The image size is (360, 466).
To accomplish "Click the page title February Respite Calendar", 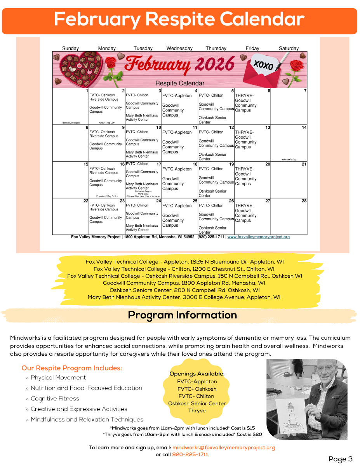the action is click(179, 19).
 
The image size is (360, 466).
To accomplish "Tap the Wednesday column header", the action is click(179, 49).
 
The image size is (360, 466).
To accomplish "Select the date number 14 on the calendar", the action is click(304, 127).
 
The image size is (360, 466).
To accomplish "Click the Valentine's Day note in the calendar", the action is click(289, 160).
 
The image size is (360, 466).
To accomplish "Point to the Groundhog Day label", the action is click(107, 123).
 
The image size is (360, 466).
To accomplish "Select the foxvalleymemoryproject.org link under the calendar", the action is click(258, 237).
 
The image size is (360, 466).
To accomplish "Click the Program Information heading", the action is click(182, 315).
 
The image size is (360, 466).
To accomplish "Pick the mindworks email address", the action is click(223, 447).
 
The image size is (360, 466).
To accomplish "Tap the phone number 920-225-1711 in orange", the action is click(190, 454).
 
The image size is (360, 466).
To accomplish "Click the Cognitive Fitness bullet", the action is click(55, 398).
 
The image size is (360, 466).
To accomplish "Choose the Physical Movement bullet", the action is click(58, 377).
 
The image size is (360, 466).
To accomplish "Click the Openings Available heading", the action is click(197, 374).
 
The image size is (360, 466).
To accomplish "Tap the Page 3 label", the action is click(340, 459).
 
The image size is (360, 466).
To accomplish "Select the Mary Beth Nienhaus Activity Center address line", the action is click(184, 297).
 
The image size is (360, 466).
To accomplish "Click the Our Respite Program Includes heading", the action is click(72, 368).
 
